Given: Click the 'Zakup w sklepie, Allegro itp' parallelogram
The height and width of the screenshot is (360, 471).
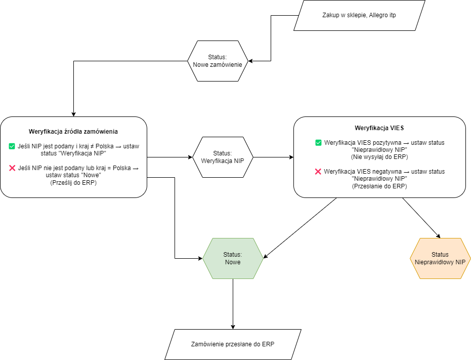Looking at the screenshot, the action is click(x=359, y=15).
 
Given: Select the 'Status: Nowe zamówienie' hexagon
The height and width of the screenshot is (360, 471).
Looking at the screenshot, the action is click(x=218, y=61).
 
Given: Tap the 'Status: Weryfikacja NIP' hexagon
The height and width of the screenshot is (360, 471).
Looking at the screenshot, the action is click(x=223, y=157).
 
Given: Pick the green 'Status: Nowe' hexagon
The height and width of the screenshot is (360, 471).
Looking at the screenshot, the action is click(x=233, y=258).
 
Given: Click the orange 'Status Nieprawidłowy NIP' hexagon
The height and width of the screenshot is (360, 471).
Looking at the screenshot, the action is click(x=440, y=258).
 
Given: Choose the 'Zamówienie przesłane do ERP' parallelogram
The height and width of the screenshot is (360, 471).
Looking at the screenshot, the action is click(x=233, y=344).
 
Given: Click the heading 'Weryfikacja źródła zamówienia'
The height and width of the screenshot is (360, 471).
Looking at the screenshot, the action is click(x=73, y=132).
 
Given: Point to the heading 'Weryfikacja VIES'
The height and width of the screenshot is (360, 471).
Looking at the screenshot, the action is click(x=379, y=128).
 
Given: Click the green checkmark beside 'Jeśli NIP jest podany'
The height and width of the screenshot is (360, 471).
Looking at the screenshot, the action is click(x=12, y=146).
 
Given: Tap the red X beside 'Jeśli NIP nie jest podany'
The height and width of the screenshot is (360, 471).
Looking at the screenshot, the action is click(x=12, y=168).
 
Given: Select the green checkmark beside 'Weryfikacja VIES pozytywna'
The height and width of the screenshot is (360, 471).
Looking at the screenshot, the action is click(x=318, y=143).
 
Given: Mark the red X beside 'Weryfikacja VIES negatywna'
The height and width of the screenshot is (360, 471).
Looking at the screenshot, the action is click(x=318, y=172).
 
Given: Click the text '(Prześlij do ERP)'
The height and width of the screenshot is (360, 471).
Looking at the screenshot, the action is click(x=73, y=183).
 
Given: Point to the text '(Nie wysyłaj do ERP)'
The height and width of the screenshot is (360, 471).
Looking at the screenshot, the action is click(x=379, y=156).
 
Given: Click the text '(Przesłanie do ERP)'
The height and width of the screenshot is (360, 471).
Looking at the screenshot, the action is click(x=379, y=186).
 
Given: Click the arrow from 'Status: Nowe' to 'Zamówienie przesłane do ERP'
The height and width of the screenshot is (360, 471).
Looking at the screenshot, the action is click(x=233, y=304).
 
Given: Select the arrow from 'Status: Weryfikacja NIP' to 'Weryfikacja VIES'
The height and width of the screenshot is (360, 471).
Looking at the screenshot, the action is click(x=273, y=157).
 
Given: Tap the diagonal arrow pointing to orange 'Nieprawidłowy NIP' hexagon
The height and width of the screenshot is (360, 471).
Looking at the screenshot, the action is click(x=421, y=218).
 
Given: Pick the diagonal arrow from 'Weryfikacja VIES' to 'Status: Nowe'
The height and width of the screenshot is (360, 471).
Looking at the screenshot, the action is click(x=300, y=228).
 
